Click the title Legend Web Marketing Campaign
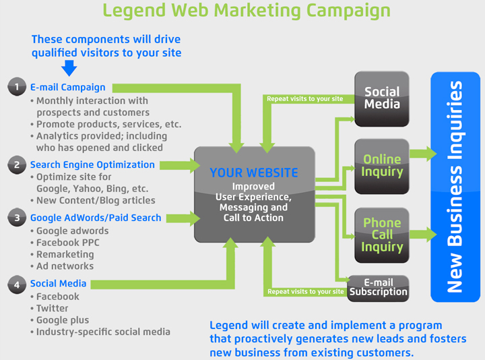tap(246, 11)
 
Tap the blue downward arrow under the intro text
tap(69, 67)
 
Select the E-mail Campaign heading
tap(67, 88)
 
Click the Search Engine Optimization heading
tap(92, 164)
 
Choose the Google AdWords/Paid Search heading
tap(96, 218)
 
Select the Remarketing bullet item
tap(65, 254)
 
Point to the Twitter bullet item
tap(53, 308)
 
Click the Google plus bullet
tap(63, 320)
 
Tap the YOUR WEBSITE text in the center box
tap(254, 173)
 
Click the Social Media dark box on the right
tap(382, 98)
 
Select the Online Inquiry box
tap(382, 166)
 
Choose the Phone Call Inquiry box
tap(382, 235)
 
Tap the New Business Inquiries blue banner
tap(455, 187)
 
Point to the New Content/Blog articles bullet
tap(96, 200)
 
